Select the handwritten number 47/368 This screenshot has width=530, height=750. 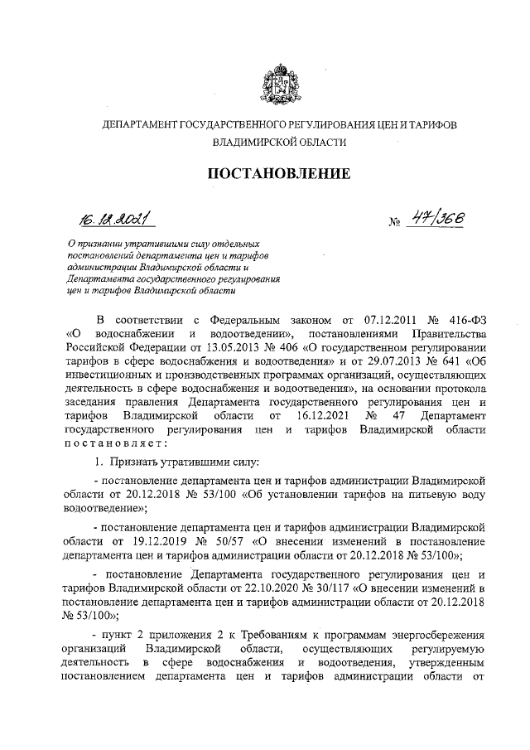pyautogui.click(x=436, y=218)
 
